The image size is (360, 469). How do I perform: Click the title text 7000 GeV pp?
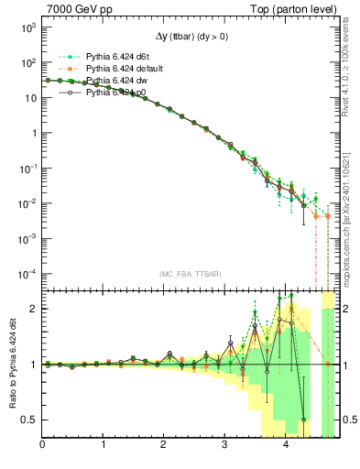(74, 8)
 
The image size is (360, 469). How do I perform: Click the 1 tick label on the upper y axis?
(33, 134)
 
